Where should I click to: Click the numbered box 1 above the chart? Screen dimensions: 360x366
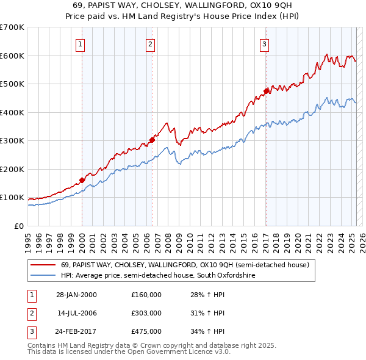(81, 43)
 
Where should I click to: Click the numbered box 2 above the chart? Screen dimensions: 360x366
(151, 43)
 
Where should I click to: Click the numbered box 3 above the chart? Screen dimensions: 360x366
(265, 43)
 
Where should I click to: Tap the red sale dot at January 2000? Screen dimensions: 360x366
(82, 181)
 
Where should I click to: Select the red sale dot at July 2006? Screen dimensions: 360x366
(152, 140)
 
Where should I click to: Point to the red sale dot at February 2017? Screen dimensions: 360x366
(266, 92)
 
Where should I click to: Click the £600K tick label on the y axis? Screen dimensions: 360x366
(12, 56)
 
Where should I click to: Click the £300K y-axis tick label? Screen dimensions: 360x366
(12, 141)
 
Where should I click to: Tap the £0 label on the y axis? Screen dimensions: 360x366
(18, 226)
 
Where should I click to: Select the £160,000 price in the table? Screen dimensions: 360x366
(146, 294)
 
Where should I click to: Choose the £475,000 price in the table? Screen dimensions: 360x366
(146, 331)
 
